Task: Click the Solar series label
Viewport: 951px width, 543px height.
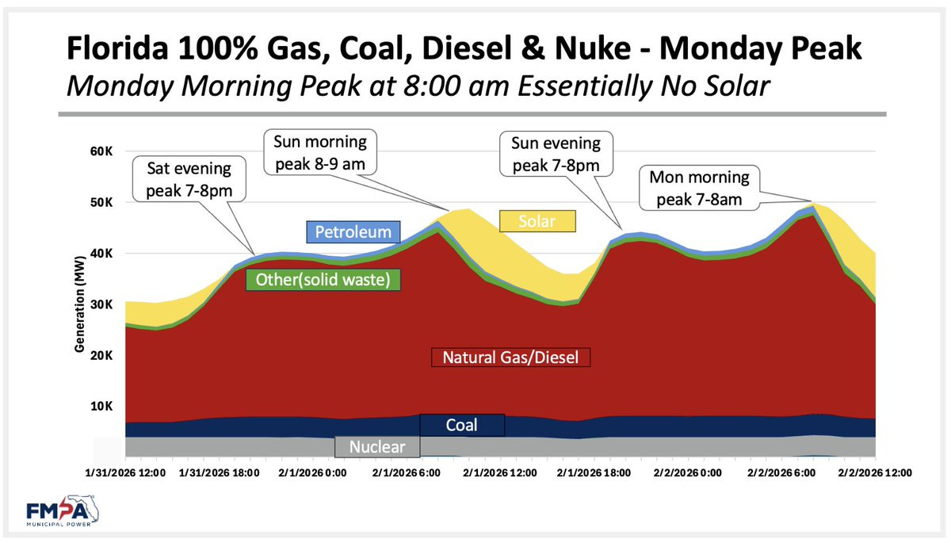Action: tap(537, 221)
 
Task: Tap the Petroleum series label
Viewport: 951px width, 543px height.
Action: tap(353, 231)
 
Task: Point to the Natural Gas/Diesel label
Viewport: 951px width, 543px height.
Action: tap(510, 357)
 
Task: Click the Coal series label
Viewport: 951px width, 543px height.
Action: tap(462, 426)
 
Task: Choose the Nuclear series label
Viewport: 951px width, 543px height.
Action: tap(377, 447)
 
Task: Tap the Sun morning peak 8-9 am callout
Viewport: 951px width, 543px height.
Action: tap(320, 152)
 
